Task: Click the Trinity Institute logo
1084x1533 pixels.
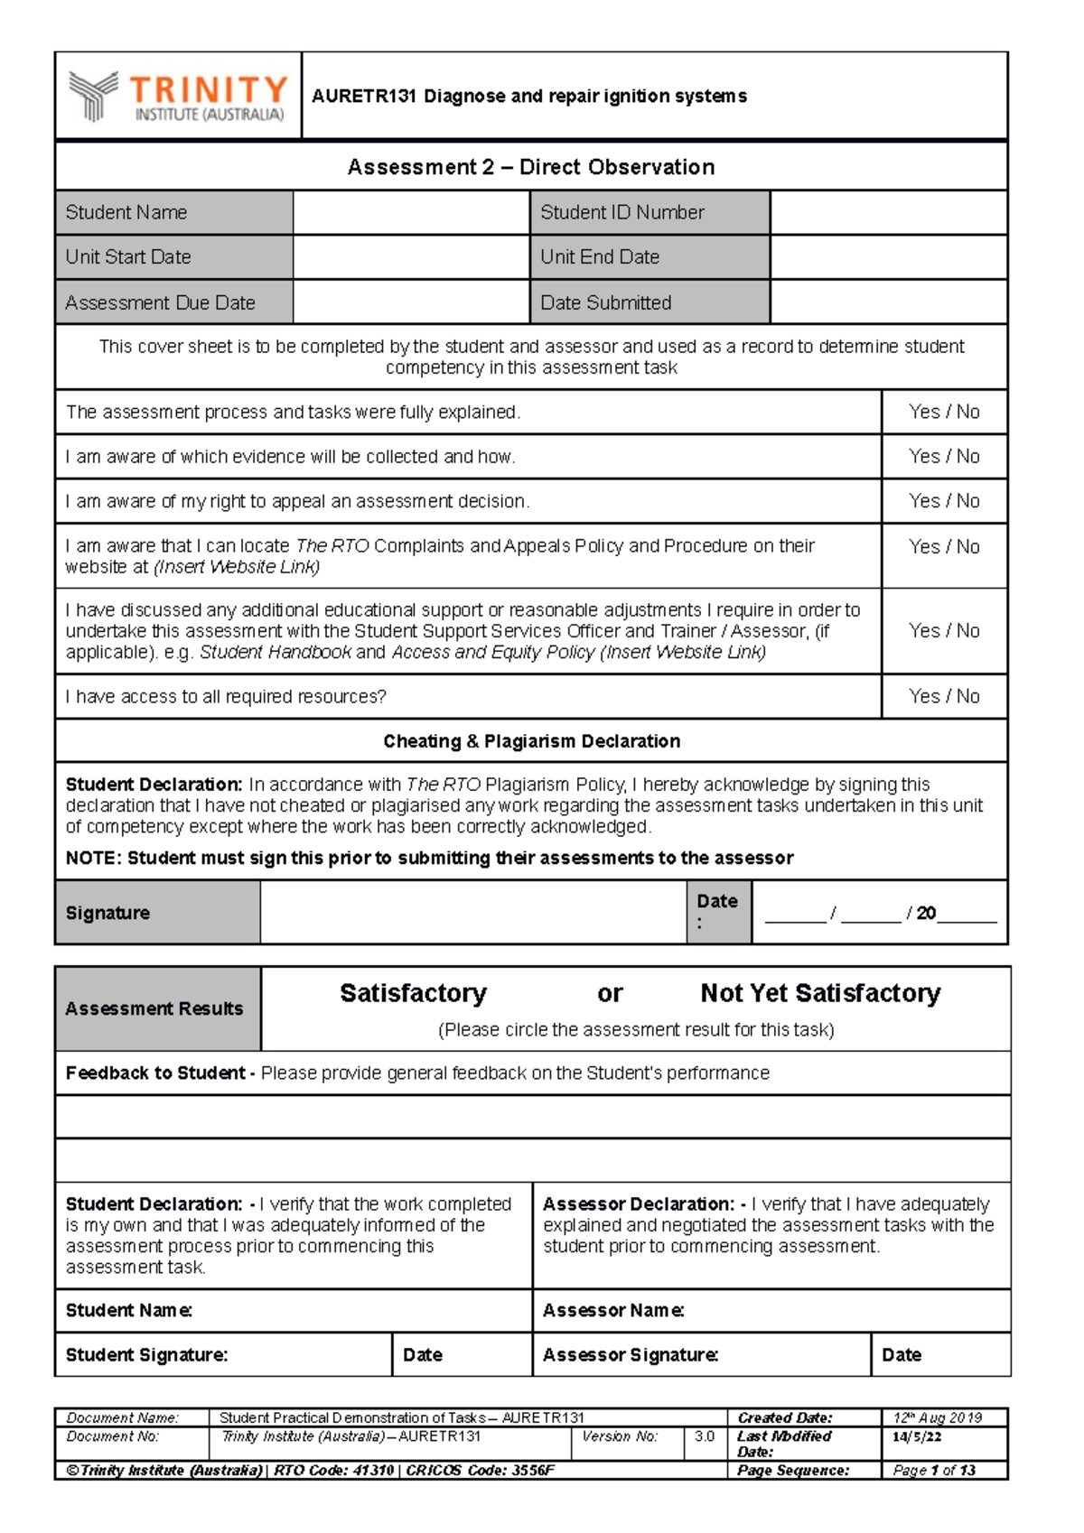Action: (178, 97)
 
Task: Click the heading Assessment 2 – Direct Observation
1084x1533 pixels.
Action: (531, 167)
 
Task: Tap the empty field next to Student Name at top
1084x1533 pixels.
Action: (410, 213)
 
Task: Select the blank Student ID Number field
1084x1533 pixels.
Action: (888, 213)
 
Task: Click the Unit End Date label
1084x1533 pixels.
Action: (600, 257)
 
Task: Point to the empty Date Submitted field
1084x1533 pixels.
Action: (888, 302)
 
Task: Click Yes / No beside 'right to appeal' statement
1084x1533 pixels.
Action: (944, 501)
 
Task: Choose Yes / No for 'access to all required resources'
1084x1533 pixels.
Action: (944, 696)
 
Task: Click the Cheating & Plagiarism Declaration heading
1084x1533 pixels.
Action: (531, 741)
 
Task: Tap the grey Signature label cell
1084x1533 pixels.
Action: (157, 913)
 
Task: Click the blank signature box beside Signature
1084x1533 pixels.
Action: (472, 913)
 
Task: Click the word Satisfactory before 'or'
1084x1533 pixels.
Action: (413, 993)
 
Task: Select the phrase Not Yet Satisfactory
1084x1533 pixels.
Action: (820, 993)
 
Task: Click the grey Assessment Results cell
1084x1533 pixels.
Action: (157, 1008)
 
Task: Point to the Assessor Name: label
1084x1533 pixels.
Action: (613, 1311)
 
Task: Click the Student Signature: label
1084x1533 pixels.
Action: (146, 1355)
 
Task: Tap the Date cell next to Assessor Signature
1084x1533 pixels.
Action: (939, 1355)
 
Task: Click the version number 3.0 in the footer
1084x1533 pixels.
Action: (705, 1436)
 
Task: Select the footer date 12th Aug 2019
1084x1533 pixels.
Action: (937, 1418)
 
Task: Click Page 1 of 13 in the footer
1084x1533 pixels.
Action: (934, 1471)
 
